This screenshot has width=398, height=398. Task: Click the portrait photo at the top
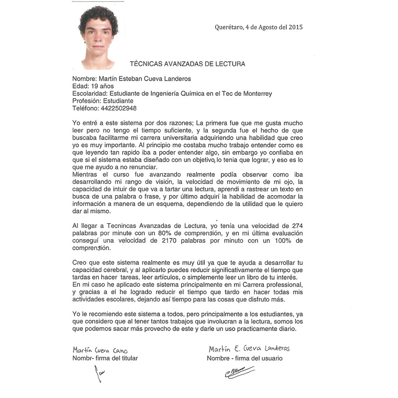click(x=98, y=37)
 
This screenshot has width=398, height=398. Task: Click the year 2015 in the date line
click(x=295, y=27)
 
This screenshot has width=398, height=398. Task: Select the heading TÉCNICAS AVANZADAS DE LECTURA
click(x=187, y=64)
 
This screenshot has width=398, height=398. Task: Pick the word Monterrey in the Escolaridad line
click(x=257, y=94)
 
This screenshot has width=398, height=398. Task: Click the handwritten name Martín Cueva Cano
click(x=100, y=350)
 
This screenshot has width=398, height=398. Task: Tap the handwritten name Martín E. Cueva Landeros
click(x=249, y=349)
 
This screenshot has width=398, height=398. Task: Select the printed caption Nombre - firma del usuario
click(x=244, y=358)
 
